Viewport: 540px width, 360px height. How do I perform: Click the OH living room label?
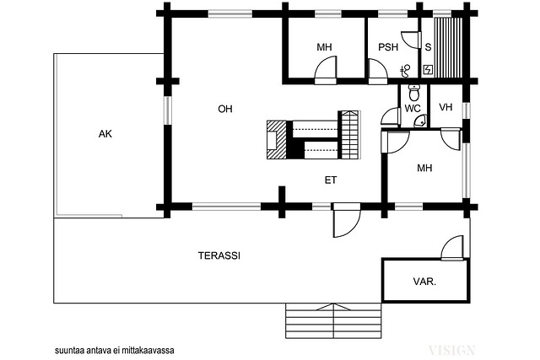225,109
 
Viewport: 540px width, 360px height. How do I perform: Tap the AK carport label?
105,134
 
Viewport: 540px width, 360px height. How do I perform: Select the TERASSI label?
219,255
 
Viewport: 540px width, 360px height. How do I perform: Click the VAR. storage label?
424,282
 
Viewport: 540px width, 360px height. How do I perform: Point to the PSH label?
388,47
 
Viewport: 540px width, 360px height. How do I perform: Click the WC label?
413,109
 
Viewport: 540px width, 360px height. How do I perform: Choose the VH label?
445,107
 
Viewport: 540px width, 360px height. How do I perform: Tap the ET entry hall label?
331,180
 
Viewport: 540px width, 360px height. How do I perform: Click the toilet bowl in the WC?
413,92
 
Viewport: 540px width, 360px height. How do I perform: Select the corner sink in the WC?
421,121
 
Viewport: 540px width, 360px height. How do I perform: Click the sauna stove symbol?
428,70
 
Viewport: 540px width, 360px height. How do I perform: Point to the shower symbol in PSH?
405,71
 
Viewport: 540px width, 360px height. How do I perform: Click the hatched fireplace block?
277,139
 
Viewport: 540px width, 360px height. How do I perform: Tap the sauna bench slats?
448,48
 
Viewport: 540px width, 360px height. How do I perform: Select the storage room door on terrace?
452,248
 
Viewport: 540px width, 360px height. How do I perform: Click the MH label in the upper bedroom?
324,47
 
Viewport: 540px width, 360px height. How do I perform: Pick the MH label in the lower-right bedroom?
424,168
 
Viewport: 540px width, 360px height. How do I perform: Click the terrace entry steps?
333,320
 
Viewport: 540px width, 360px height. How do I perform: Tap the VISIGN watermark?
452,351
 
